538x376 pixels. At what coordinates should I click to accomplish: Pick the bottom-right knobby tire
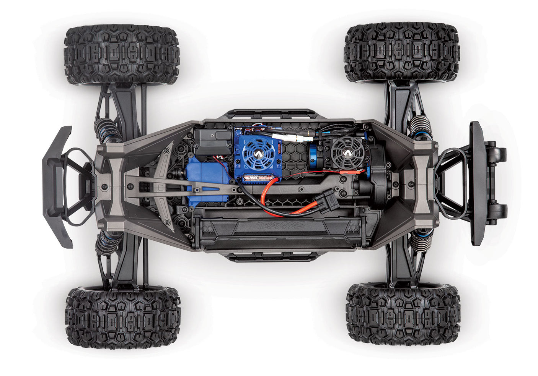coord(403,314)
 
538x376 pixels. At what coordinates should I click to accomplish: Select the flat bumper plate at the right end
coord(477,183)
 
